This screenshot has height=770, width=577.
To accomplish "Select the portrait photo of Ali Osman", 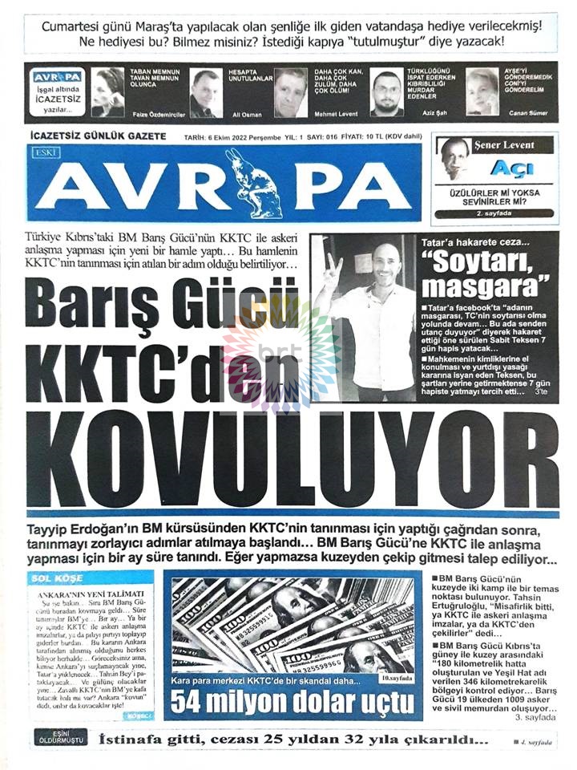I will (206, 93).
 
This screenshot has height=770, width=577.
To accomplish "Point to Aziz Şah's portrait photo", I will (387, 93).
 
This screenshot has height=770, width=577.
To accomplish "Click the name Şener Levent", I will (503, 145).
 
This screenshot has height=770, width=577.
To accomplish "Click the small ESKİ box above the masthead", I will (41, 152).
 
